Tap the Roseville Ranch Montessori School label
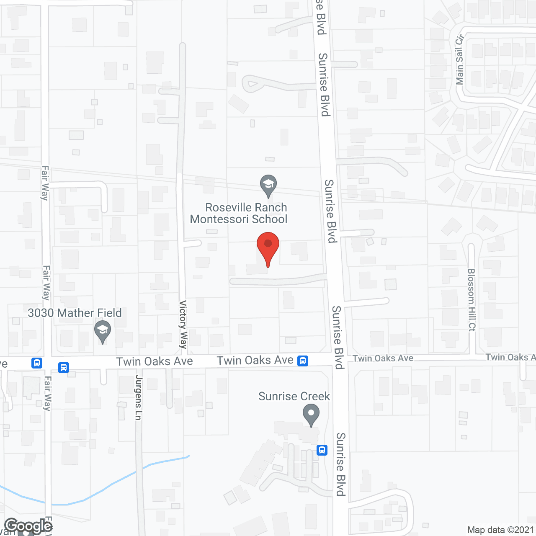pos(239,213)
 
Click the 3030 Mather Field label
pos(75,313)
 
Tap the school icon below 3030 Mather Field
pos(103,331)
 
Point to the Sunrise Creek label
pos(294,396)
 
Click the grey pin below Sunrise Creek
pos(311,415)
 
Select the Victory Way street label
pos(183,325)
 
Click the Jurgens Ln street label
pos(139,397)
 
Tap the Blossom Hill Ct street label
pos(472,300)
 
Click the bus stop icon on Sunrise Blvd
pos(322,450)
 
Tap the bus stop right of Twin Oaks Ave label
pos(303,361)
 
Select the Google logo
pos(28,526)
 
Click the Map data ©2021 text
pos(500,530)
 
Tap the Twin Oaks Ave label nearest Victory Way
pos(155,361)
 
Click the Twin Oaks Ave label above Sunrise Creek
pos(255,360)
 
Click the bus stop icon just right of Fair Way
pos(64,367)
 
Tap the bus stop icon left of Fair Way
pos(37,363)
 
